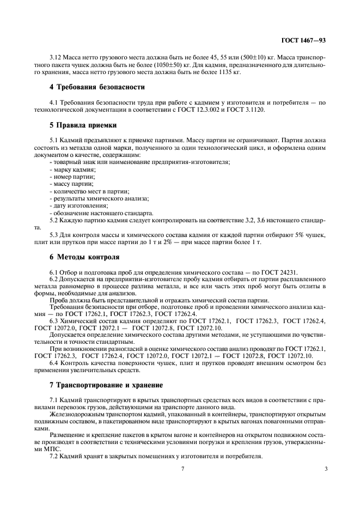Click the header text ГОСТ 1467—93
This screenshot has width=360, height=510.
303,40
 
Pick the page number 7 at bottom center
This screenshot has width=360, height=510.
184,468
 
